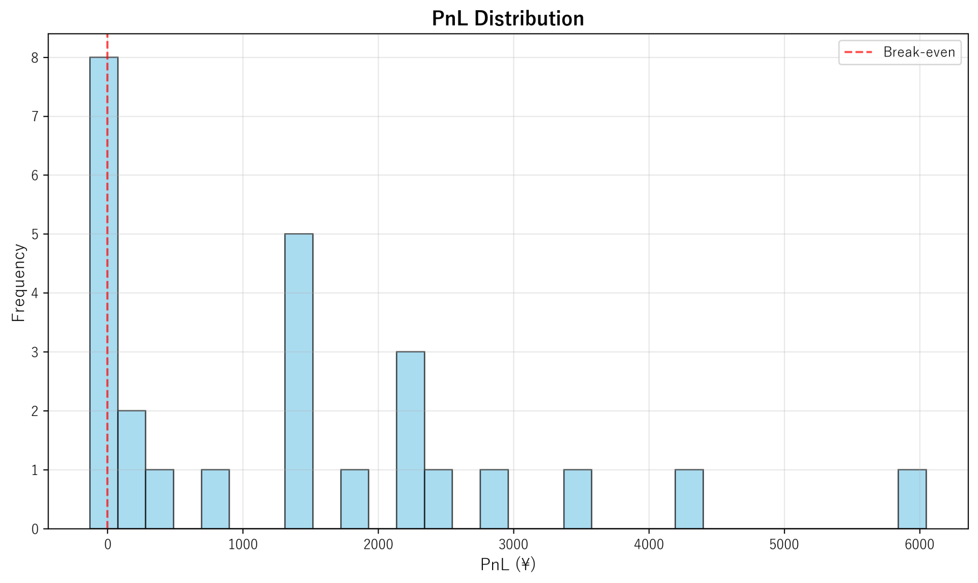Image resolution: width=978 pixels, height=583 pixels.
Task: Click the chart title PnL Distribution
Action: point(507,19)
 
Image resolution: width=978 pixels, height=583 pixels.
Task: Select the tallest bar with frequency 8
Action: point(103,293)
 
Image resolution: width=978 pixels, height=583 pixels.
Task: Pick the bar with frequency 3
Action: point(410,440)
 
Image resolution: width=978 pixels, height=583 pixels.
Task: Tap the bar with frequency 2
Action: point(131,469)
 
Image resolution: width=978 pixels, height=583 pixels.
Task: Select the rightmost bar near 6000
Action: point(912,499)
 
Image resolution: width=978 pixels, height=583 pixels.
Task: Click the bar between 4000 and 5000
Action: point(689,499)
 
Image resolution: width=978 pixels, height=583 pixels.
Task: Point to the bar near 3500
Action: point(577,499)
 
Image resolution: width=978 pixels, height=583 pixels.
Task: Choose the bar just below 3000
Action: point(494,499)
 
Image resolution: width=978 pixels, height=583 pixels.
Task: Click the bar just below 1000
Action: point(215,499)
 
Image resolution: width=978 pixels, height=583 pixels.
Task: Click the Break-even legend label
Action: point(919,52)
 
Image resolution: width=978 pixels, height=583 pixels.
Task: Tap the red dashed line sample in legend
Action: point(858,52)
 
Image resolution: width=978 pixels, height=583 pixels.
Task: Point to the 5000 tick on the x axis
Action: point(784,545)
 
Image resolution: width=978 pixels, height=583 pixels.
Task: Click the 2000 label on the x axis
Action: point(378,545)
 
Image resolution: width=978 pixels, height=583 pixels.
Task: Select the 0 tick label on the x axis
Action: point(107,545)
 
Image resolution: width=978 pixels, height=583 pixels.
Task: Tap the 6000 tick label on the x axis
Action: point(919,545)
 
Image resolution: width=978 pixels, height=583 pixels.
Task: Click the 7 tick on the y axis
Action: point(35,117)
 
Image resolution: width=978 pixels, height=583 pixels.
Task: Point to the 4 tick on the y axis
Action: point(35,293)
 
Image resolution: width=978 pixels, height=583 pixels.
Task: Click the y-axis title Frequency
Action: point(18,283)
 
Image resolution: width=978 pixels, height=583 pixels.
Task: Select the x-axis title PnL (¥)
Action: point(507,564)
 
